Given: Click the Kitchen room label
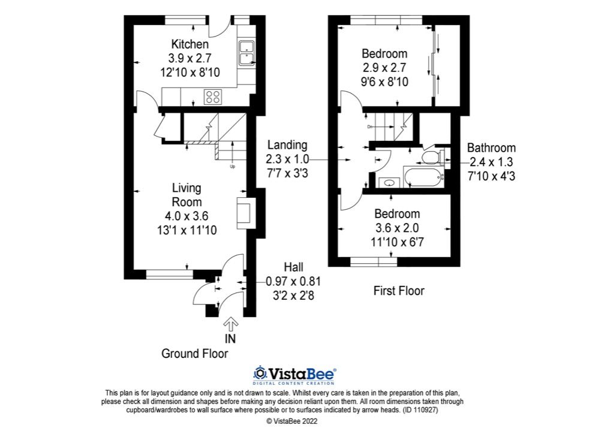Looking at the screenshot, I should click(190, 44).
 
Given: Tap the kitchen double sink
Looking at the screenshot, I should click(246, 52).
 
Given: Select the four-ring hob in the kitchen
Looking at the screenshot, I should click(213, 96).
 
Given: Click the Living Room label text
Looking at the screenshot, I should click(186, 195).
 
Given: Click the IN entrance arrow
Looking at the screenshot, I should click(230, 325).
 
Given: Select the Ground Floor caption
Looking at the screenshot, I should click(194, 354).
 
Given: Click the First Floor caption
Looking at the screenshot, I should click(399, 291).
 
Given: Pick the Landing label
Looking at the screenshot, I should click(287, 145).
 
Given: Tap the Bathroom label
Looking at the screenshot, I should click(491, 148).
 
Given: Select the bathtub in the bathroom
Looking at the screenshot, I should click(423, 176).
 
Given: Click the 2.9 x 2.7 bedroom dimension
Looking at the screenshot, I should click(384, 68).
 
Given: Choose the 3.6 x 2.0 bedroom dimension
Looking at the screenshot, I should click(397, 228).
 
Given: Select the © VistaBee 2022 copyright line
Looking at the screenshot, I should click(292, 421).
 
